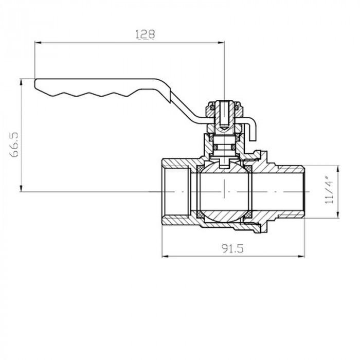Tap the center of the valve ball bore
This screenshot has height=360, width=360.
[224, 192]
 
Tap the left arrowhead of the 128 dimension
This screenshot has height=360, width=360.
[37, 42]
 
